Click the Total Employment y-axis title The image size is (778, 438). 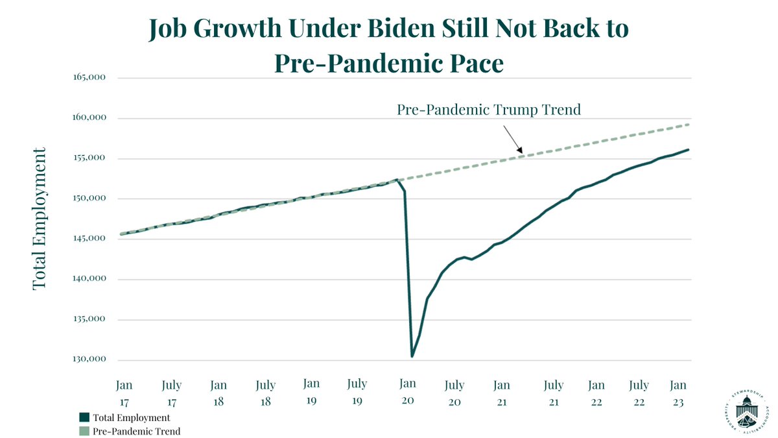pos(40,219)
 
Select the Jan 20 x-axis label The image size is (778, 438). pos(408,393)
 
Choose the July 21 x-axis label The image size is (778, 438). pos(553,393)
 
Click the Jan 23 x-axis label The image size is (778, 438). pos(678,393)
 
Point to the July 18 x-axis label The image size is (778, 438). pos(266,393)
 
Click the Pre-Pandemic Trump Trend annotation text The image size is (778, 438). pos(488,110)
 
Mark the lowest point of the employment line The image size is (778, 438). pos(412,356)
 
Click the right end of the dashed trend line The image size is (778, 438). pos(688,125)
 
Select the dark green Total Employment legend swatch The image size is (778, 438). pos(84,417)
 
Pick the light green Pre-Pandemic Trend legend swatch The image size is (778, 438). pos(84,431)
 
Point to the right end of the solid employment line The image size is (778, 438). pos(688,149)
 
